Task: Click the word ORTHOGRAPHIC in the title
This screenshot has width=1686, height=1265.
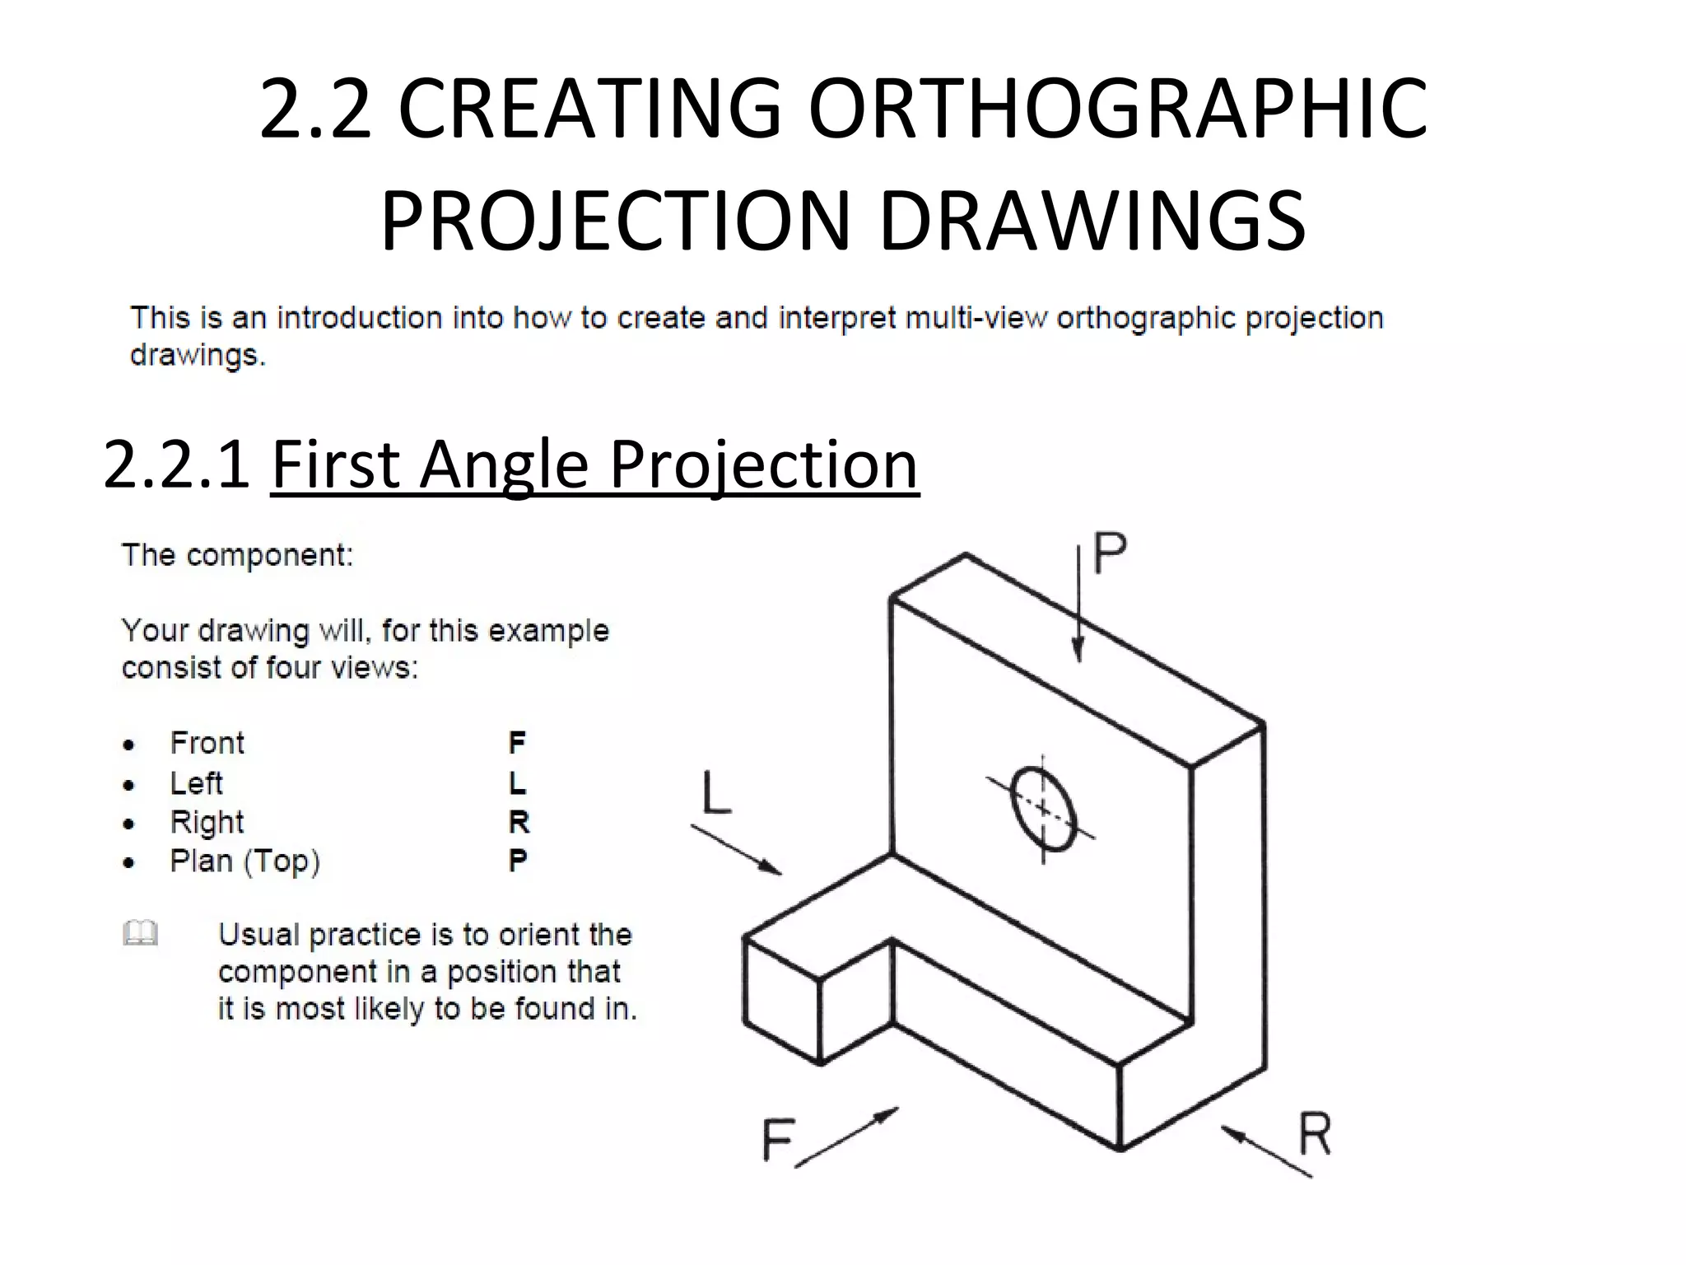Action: (x=1118, y=109)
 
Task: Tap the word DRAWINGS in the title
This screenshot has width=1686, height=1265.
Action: (x=1092, y=222)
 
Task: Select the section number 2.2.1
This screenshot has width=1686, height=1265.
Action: (x=176, y=464)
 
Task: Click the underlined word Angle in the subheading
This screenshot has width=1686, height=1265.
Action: (x=503, y=464)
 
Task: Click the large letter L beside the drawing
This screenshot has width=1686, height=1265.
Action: (x=715, y=792)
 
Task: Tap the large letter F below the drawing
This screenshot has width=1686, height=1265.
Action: (x=776, y=1140)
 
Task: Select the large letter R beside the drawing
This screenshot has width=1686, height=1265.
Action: (x=1314, y=1135)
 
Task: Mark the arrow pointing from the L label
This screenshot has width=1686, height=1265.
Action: (x=737, y=850)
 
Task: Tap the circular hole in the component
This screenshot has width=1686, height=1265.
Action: (x=1043, y=809)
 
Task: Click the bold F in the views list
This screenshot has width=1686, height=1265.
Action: (x=517, y=743)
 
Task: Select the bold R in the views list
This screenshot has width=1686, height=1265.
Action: (x=519, y=822)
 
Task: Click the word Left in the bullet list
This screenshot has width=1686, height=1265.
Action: (x=196, y=783)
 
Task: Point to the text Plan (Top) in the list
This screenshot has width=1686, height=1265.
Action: (x=245, y=861)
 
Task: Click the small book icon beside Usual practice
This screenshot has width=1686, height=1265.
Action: (x=140, y=934)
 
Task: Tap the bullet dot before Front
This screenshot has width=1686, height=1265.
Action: (x=128, y=745)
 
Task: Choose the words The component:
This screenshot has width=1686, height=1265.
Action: (x=237, y=555)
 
